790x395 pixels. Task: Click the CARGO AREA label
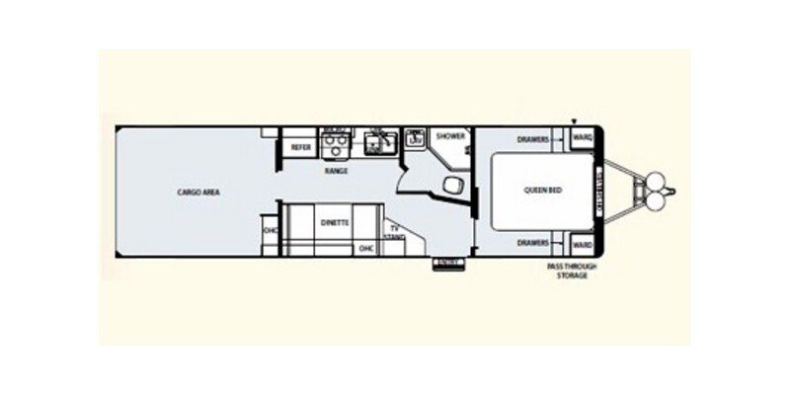197,192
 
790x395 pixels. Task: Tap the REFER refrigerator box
300,147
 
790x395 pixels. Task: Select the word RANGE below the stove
336,171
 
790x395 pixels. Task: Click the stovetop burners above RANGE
336,145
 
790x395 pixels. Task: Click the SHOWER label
450,136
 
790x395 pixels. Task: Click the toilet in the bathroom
454,185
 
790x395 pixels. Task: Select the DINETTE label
335,223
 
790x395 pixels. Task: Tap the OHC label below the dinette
365,248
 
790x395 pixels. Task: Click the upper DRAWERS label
533,140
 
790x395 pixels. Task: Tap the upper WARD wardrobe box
583,140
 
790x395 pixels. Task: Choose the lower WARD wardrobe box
583,243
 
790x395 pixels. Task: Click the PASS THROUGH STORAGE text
572,272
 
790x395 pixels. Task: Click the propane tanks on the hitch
653,192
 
